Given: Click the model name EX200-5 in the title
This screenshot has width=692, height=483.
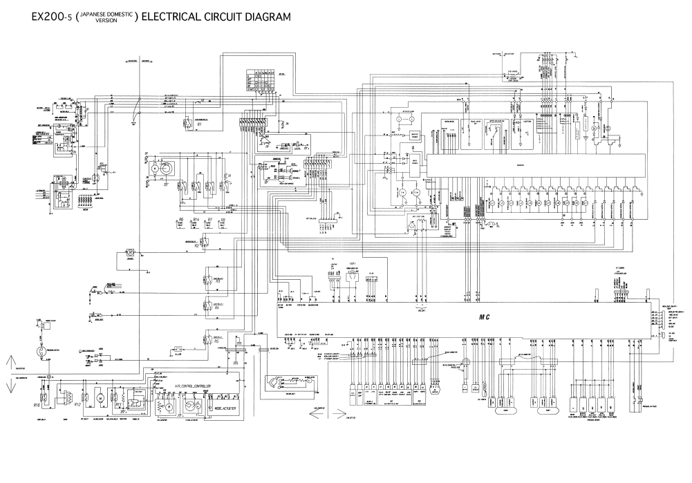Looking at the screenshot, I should pyautogui.click(x=46, y=16).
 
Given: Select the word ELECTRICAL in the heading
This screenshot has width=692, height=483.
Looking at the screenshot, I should pyautogui.click(x=172, y=16).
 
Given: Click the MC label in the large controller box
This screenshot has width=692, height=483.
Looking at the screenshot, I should pyautogui.click(x=484, y=316).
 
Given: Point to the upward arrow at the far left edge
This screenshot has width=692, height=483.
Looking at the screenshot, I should pyautogui.click(x=10, y=361).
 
